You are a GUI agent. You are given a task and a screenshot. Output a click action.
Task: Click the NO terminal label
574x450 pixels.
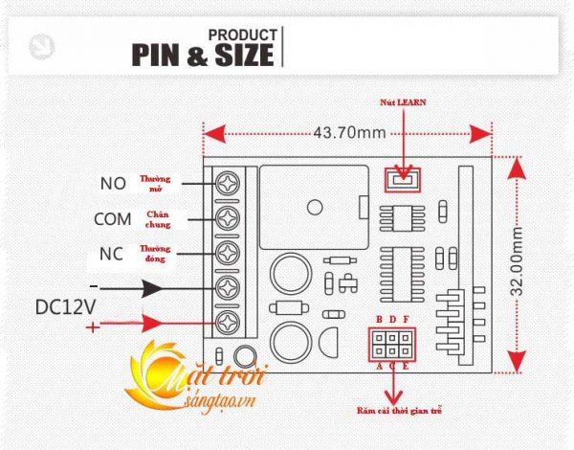click(x=112, y=183)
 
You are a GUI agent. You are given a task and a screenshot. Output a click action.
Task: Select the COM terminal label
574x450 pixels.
click(x=112, y=218)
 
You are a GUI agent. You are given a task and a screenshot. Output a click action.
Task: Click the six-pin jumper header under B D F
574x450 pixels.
click(x=393, y=343)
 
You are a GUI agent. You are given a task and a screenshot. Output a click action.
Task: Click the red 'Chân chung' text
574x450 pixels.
click(x=159, y=219)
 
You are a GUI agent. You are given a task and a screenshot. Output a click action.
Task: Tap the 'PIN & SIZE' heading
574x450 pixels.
click(x=202, y=56)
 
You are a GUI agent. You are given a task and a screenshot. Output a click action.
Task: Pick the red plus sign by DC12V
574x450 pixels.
click(x=94, y=327)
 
